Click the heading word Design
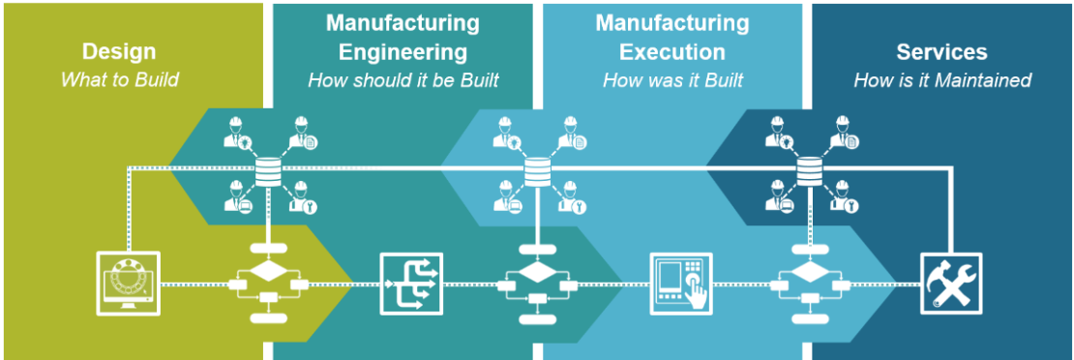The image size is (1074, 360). [119, 51]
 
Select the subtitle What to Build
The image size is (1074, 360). [119, 79]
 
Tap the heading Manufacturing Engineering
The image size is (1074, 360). [402, 37]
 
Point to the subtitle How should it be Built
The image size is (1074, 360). [403, 80]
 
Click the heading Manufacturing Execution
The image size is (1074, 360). [671, 37]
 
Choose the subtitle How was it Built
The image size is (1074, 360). [672, 80]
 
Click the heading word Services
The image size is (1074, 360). [941, 51]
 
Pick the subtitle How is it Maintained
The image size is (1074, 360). [941, 80]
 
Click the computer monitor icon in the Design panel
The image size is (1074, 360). [129, 284]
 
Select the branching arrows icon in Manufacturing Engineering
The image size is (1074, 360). [410, 284]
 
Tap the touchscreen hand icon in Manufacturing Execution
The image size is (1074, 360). [680, 284]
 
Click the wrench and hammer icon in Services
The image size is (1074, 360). [950, 284]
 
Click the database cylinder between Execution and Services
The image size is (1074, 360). [804, 172]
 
